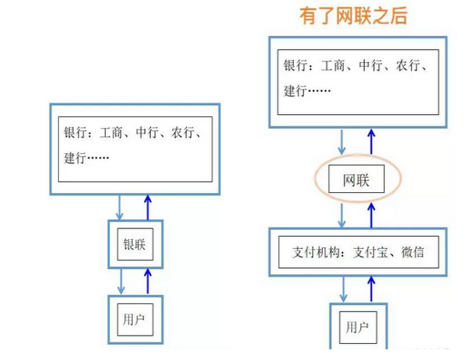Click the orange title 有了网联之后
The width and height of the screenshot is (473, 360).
353,15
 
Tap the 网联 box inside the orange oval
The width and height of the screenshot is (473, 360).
356,178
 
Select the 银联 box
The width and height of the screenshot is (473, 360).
135,244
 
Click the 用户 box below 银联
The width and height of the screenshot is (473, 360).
135,319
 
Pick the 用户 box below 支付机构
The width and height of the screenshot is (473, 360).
358,327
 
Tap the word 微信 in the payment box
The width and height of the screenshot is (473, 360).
412,252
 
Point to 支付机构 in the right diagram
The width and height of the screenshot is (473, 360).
316,252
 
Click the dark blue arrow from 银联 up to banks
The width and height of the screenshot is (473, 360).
147,208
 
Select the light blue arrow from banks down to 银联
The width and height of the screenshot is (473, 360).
120,208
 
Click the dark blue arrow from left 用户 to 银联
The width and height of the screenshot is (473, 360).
147,281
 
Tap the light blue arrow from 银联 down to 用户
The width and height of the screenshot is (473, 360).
121,281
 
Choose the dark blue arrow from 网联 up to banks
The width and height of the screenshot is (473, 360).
371,142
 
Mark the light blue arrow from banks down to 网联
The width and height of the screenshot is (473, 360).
341,142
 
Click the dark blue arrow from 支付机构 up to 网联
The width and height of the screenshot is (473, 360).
371,215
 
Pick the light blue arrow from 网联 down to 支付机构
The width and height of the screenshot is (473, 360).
341,215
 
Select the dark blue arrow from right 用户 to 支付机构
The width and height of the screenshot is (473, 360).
371,289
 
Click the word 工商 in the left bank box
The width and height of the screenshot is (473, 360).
111,133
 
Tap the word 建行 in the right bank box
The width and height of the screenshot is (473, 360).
295,90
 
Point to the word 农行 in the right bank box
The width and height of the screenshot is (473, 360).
408,65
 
